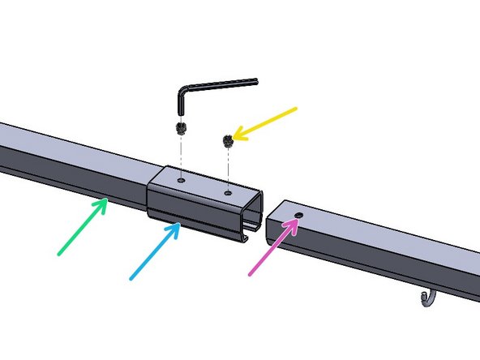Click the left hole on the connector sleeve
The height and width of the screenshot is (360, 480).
182,174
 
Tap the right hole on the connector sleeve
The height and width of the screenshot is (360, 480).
228,193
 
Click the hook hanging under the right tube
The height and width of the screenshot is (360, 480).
428,301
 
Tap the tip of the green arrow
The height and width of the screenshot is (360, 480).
107,199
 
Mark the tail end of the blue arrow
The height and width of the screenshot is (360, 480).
131,278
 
